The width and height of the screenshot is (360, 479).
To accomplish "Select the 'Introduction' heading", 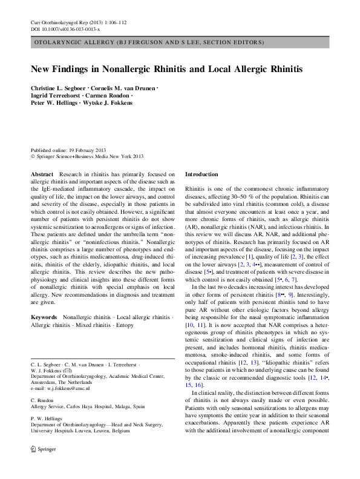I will (201, 174).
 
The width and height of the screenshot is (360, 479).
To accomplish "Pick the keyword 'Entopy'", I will (125, 325).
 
